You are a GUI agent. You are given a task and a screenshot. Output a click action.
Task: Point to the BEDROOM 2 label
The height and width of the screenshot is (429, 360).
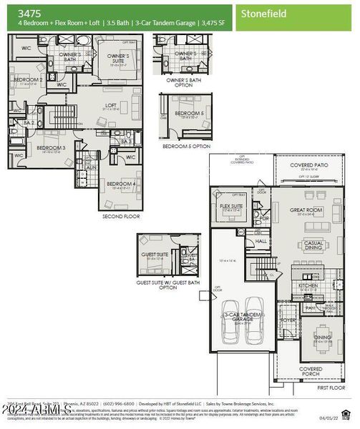coord(29,79)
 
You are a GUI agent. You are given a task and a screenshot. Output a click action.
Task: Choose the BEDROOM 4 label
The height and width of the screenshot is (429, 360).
coord(120,184)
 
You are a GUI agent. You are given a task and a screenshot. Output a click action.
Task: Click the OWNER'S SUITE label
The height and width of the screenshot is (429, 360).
coord(119,58)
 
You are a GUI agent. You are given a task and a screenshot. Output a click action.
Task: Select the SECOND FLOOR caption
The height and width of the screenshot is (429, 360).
coord(120,215)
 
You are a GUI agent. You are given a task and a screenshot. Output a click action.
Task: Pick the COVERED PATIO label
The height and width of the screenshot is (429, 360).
coord(310,164)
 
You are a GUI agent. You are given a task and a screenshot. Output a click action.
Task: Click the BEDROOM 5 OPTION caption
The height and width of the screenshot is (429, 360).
coord(187,146)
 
